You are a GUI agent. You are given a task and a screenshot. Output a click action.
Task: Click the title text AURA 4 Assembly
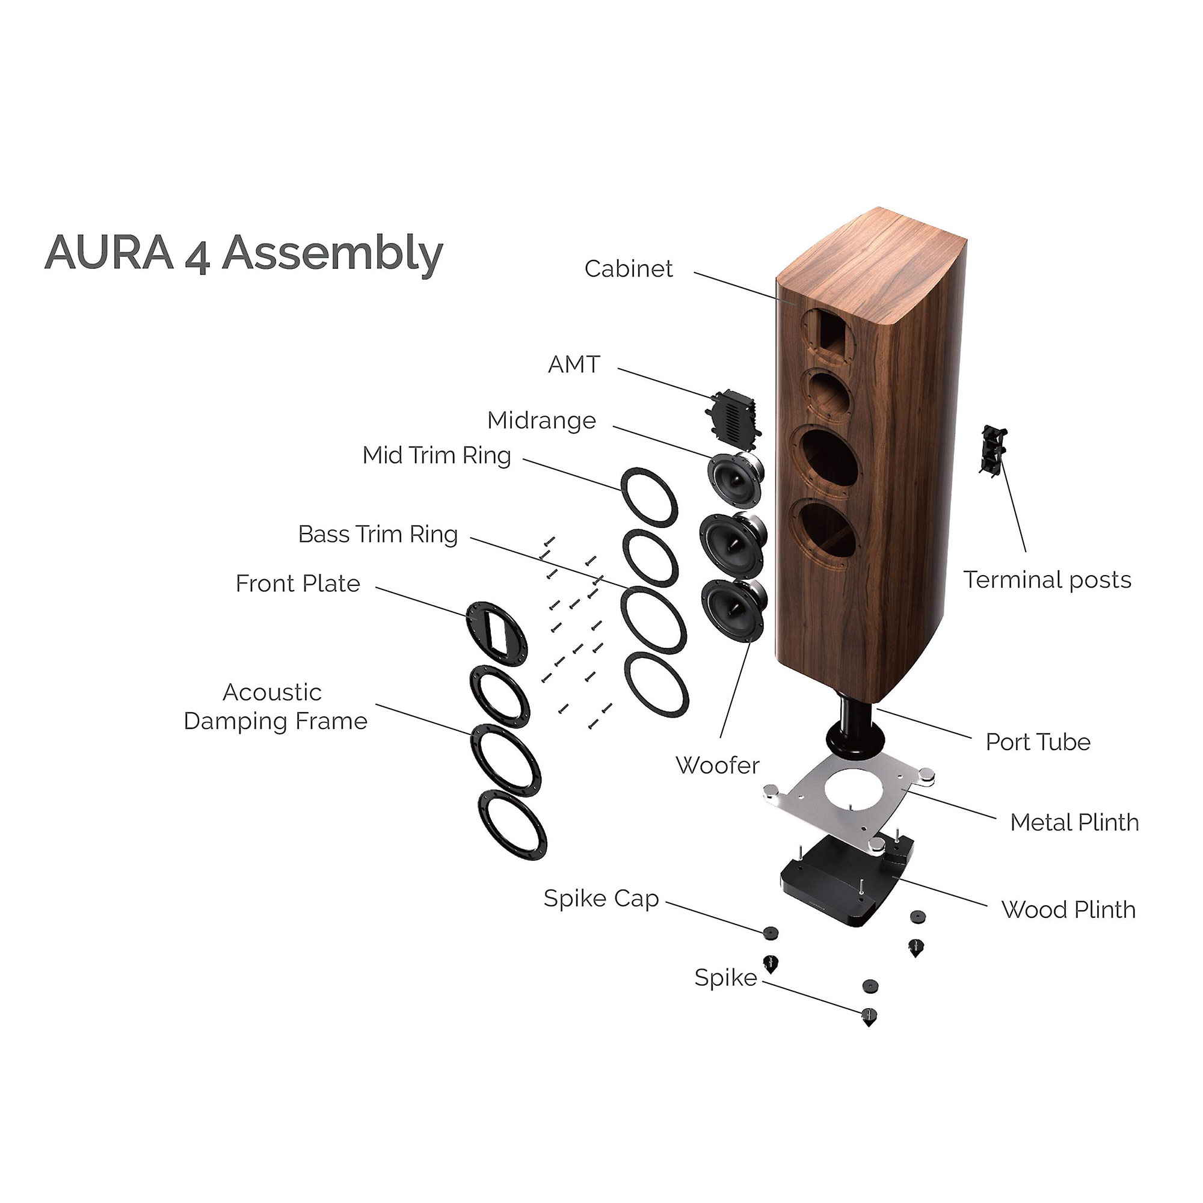click(x=244, y=253)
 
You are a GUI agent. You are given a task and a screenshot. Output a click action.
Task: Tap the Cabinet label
click(x=629, y=269)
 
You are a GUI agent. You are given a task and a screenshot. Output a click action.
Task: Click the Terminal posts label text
click(x=1047, y=580)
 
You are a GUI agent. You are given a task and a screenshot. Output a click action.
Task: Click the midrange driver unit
click(x=735, y=479)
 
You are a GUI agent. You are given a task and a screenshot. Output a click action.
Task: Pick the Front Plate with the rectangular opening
click(x=496, y=633)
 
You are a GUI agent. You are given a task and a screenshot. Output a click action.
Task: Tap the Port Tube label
click(x=1038, y=742)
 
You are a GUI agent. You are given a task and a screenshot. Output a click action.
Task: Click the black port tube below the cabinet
click(x=855, y=726)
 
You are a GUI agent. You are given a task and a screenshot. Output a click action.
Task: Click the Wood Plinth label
click(x=1068, y=909)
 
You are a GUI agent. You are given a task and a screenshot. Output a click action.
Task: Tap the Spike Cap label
click(x=601, y=899)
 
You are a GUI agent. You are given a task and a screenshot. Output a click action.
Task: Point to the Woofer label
click(x=718, y=765)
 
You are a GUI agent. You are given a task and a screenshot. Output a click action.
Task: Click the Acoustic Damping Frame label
click(x=275, y=707)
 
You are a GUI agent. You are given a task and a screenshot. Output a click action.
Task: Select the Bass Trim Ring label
click(x=377, y=534)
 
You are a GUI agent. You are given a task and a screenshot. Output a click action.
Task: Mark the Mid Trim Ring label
click(x=437, y=455)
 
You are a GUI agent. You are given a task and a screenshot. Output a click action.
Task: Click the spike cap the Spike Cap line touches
click(x=771, y=932)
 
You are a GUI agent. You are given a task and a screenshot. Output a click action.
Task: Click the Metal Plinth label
click(x=1074, y=822)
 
